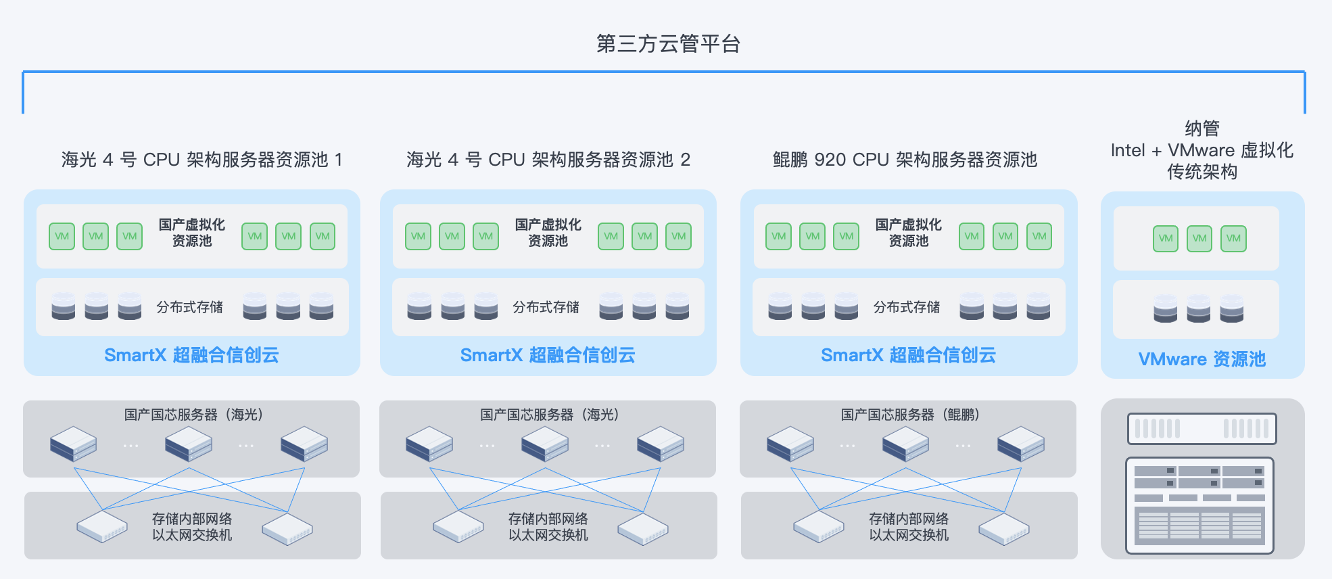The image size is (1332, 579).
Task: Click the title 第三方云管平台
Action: [668, 44]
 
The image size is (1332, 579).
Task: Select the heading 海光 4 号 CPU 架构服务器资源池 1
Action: [202, 160]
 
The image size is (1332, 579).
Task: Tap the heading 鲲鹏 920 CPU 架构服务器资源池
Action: [905, 160]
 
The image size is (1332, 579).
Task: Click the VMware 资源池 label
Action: [1202, 358]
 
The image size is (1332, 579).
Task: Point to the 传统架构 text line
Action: [1202, 172]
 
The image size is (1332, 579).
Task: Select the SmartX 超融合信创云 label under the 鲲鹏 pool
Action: [908, 355]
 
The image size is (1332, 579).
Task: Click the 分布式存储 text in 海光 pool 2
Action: [546, 307]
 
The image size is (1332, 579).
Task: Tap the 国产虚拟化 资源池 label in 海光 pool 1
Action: [192, 233]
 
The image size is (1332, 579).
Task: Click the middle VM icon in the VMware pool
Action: [1199, 238]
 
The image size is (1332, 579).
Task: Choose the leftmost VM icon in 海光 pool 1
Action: [62, 236]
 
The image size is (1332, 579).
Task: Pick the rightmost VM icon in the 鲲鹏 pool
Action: [1039, 236]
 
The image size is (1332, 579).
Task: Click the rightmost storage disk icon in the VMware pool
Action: [1232, 308]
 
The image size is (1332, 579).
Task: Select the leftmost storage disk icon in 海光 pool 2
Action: [419, 306]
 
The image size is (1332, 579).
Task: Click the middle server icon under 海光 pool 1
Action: [189, 444]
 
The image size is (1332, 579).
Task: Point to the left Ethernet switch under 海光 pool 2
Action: [458, 526]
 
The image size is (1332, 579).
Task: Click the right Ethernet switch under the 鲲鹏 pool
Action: [1004, 528]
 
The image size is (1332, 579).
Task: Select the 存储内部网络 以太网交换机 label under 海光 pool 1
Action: [192, 527]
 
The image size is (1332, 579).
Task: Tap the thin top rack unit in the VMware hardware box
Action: [1202, 429]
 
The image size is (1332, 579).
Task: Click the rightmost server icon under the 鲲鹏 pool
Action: [1021, 444]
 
